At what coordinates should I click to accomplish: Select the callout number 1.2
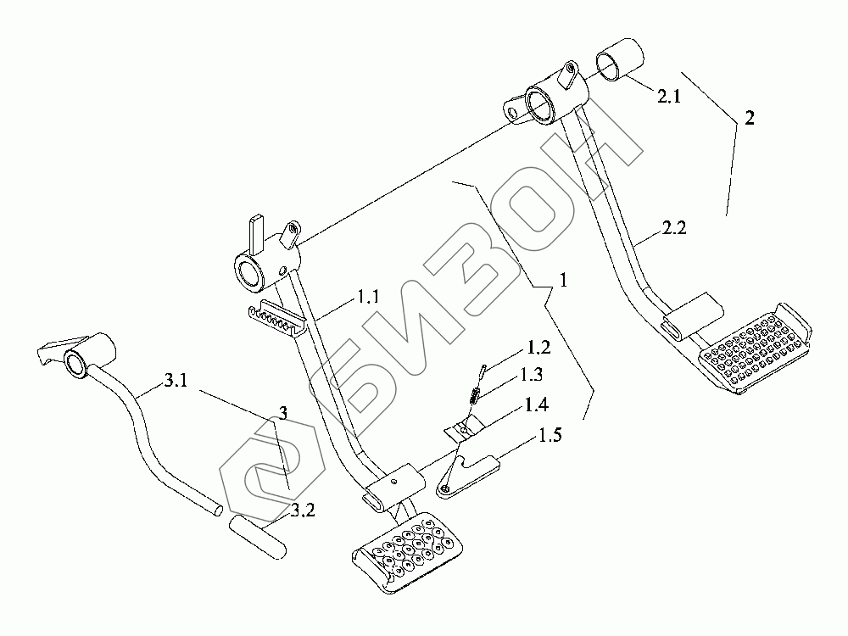pyautogui.click(x=538, y=348)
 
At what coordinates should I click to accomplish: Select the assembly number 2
pyautogui.click(x=749, y=120)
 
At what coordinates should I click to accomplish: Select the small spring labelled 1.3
pyautogui.click(x=477, y=393)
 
